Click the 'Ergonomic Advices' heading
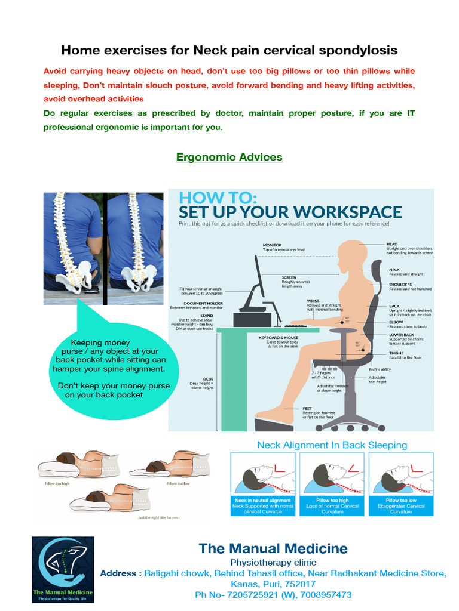tap(229, 157)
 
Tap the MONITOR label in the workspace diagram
tap(276, 245)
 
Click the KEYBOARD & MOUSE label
tap(278, 338)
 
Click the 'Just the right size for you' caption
tap(158, 517)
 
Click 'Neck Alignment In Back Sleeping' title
tap(332, 445)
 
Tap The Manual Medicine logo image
tap(63, 569)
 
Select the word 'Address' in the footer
tap(119, 573)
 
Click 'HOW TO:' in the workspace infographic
tap(218, 198)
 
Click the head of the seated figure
tap(348, 257)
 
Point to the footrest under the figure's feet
tap(274, 424)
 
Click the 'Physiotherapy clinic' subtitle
tap(273, 563)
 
